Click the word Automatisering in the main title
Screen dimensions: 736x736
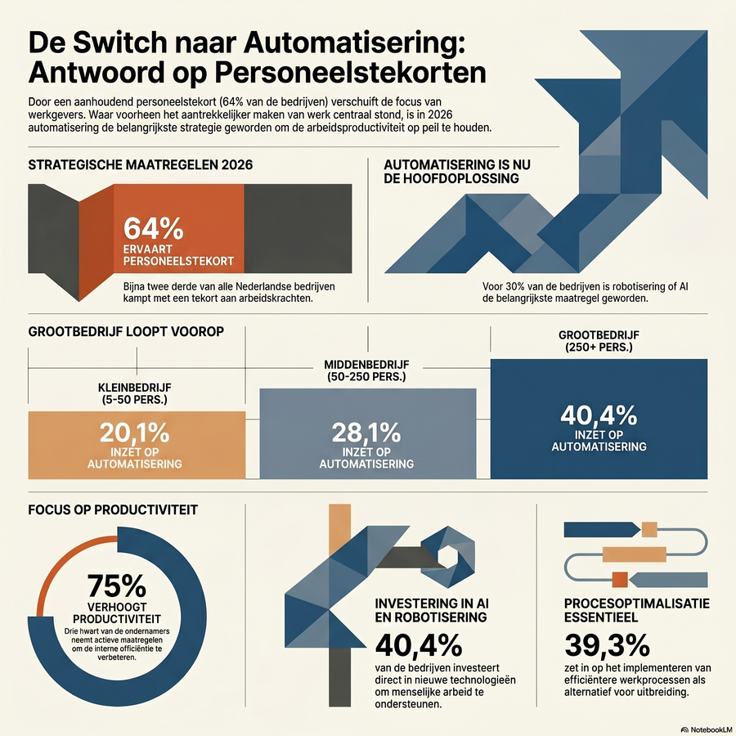point(354,43)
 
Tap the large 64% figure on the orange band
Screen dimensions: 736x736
point(154,229)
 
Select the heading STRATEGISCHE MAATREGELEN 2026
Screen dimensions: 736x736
point(141,164)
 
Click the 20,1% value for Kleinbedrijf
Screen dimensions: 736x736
point(134,433)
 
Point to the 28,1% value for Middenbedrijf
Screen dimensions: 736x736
point(366,433)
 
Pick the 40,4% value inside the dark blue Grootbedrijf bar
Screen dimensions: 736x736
point(599,415)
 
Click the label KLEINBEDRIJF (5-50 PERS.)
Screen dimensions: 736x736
point(135,394)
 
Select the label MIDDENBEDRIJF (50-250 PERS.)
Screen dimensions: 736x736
point(366,370)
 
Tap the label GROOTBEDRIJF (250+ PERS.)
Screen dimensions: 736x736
point(599,341)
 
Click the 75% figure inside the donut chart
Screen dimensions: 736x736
point(117,586)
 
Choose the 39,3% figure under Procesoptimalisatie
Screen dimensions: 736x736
point(607,645)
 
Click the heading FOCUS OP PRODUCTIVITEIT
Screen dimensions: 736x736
point(113,510)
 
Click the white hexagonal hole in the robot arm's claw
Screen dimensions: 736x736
point(447,557)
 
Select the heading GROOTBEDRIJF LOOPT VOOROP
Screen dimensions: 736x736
point(126,332)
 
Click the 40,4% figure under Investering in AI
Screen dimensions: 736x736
point(419,645)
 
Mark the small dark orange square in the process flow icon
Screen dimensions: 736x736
point(620,580)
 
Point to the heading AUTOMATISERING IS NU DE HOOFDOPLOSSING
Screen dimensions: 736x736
point(457,172)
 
